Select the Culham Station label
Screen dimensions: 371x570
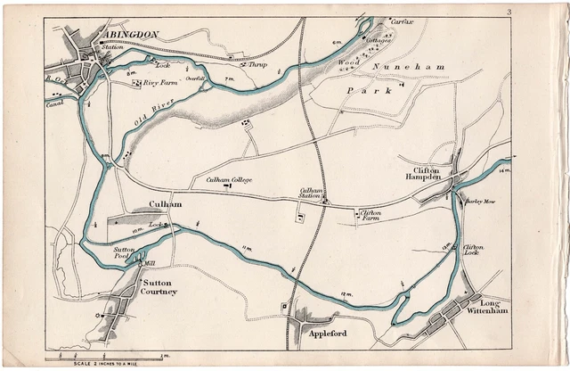pyautogui.click(x=311, y=193)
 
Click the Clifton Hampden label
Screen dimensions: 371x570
pyautogui.click(x=434, y=173)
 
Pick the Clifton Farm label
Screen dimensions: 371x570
pyautogui.click(x=370, y=216)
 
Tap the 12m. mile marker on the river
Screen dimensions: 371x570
pyautogui.click(x=344, y=294)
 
